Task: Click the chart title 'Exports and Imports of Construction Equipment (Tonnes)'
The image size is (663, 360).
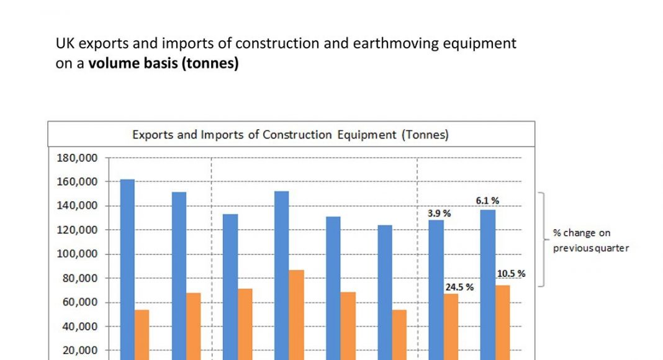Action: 291,135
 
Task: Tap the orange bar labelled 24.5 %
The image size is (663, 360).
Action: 451,326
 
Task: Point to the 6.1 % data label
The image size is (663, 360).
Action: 487,200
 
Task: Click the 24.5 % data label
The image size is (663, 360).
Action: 459,287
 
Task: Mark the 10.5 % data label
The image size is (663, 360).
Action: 511,273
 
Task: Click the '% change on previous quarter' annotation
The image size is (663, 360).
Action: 590,241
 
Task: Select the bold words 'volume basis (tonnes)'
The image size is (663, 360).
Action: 163,63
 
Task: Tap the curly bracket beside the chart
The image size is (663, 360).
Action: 542,240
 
